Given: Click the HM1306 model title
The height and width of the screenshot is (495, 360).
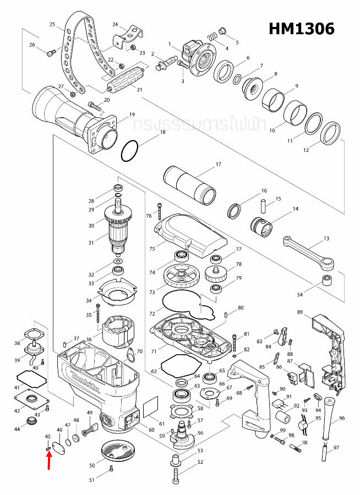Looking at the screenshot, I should pos(301,29).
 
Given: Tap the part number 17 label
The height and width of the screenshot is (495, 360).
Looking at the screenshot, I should pos(218,164).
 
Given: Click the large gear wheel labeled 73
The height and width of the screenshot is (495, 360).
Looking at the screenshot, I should pos(181,278).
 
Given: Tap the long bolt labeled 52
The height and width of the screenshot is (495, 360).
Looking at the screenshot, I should pos(176,471).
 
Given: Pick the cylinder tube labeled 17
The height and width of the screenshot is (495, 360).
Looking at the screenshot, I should pos(190,186).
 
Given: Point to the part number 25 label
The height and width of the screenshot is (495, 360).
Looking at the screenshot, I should pos(52,24).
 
